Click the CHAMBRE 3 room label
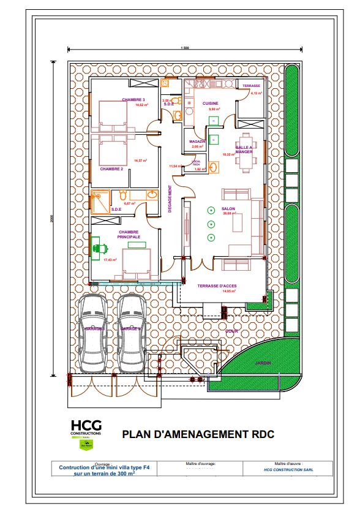pyautogui.click(x=133, y=100)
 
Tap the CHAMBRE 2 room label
pyautogui.click(x=112, y=168)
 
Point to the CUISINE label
pyautogui.click(x=211, y=104)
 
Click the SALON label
pyautogui.click(x=228, y=208)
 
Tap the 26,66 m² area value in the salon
pyautogui.click(x=228, y=214)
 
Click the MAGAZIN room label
pyautogui.click(x=197, y=142)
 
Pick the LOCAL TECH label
pyautogui.click(x=196, y=164)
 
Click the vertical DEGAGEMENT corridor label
pyautogui.click(x=170, y=200)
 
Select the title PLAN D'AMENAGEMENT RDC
pyautogui.click(x=198, y=434)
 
